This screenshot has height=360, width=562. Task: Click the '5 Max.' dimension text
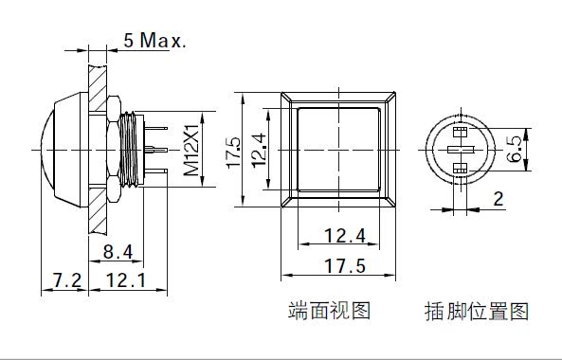(154, 40)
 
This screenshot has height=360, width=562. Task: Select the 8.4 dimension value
(118, 251)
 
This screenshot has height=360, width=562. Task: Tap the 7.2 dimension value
(67, 280)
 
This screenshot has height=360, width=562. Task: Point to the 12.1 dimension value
(127, 280)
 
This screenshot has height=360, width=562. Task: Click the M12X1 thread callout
(191, 150)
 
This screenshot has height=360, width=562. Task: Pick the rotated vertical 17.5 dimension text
(234, 152)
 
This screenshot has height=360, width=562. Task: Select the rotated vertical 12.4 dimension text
(259, 151)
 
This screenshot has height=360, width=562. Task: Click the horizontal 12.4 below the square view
(345, 236)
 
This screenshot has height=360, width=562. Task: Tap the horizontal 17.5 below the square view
(345, 266)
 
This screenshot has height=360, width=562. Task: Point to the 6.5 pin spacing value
(515, 149)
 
